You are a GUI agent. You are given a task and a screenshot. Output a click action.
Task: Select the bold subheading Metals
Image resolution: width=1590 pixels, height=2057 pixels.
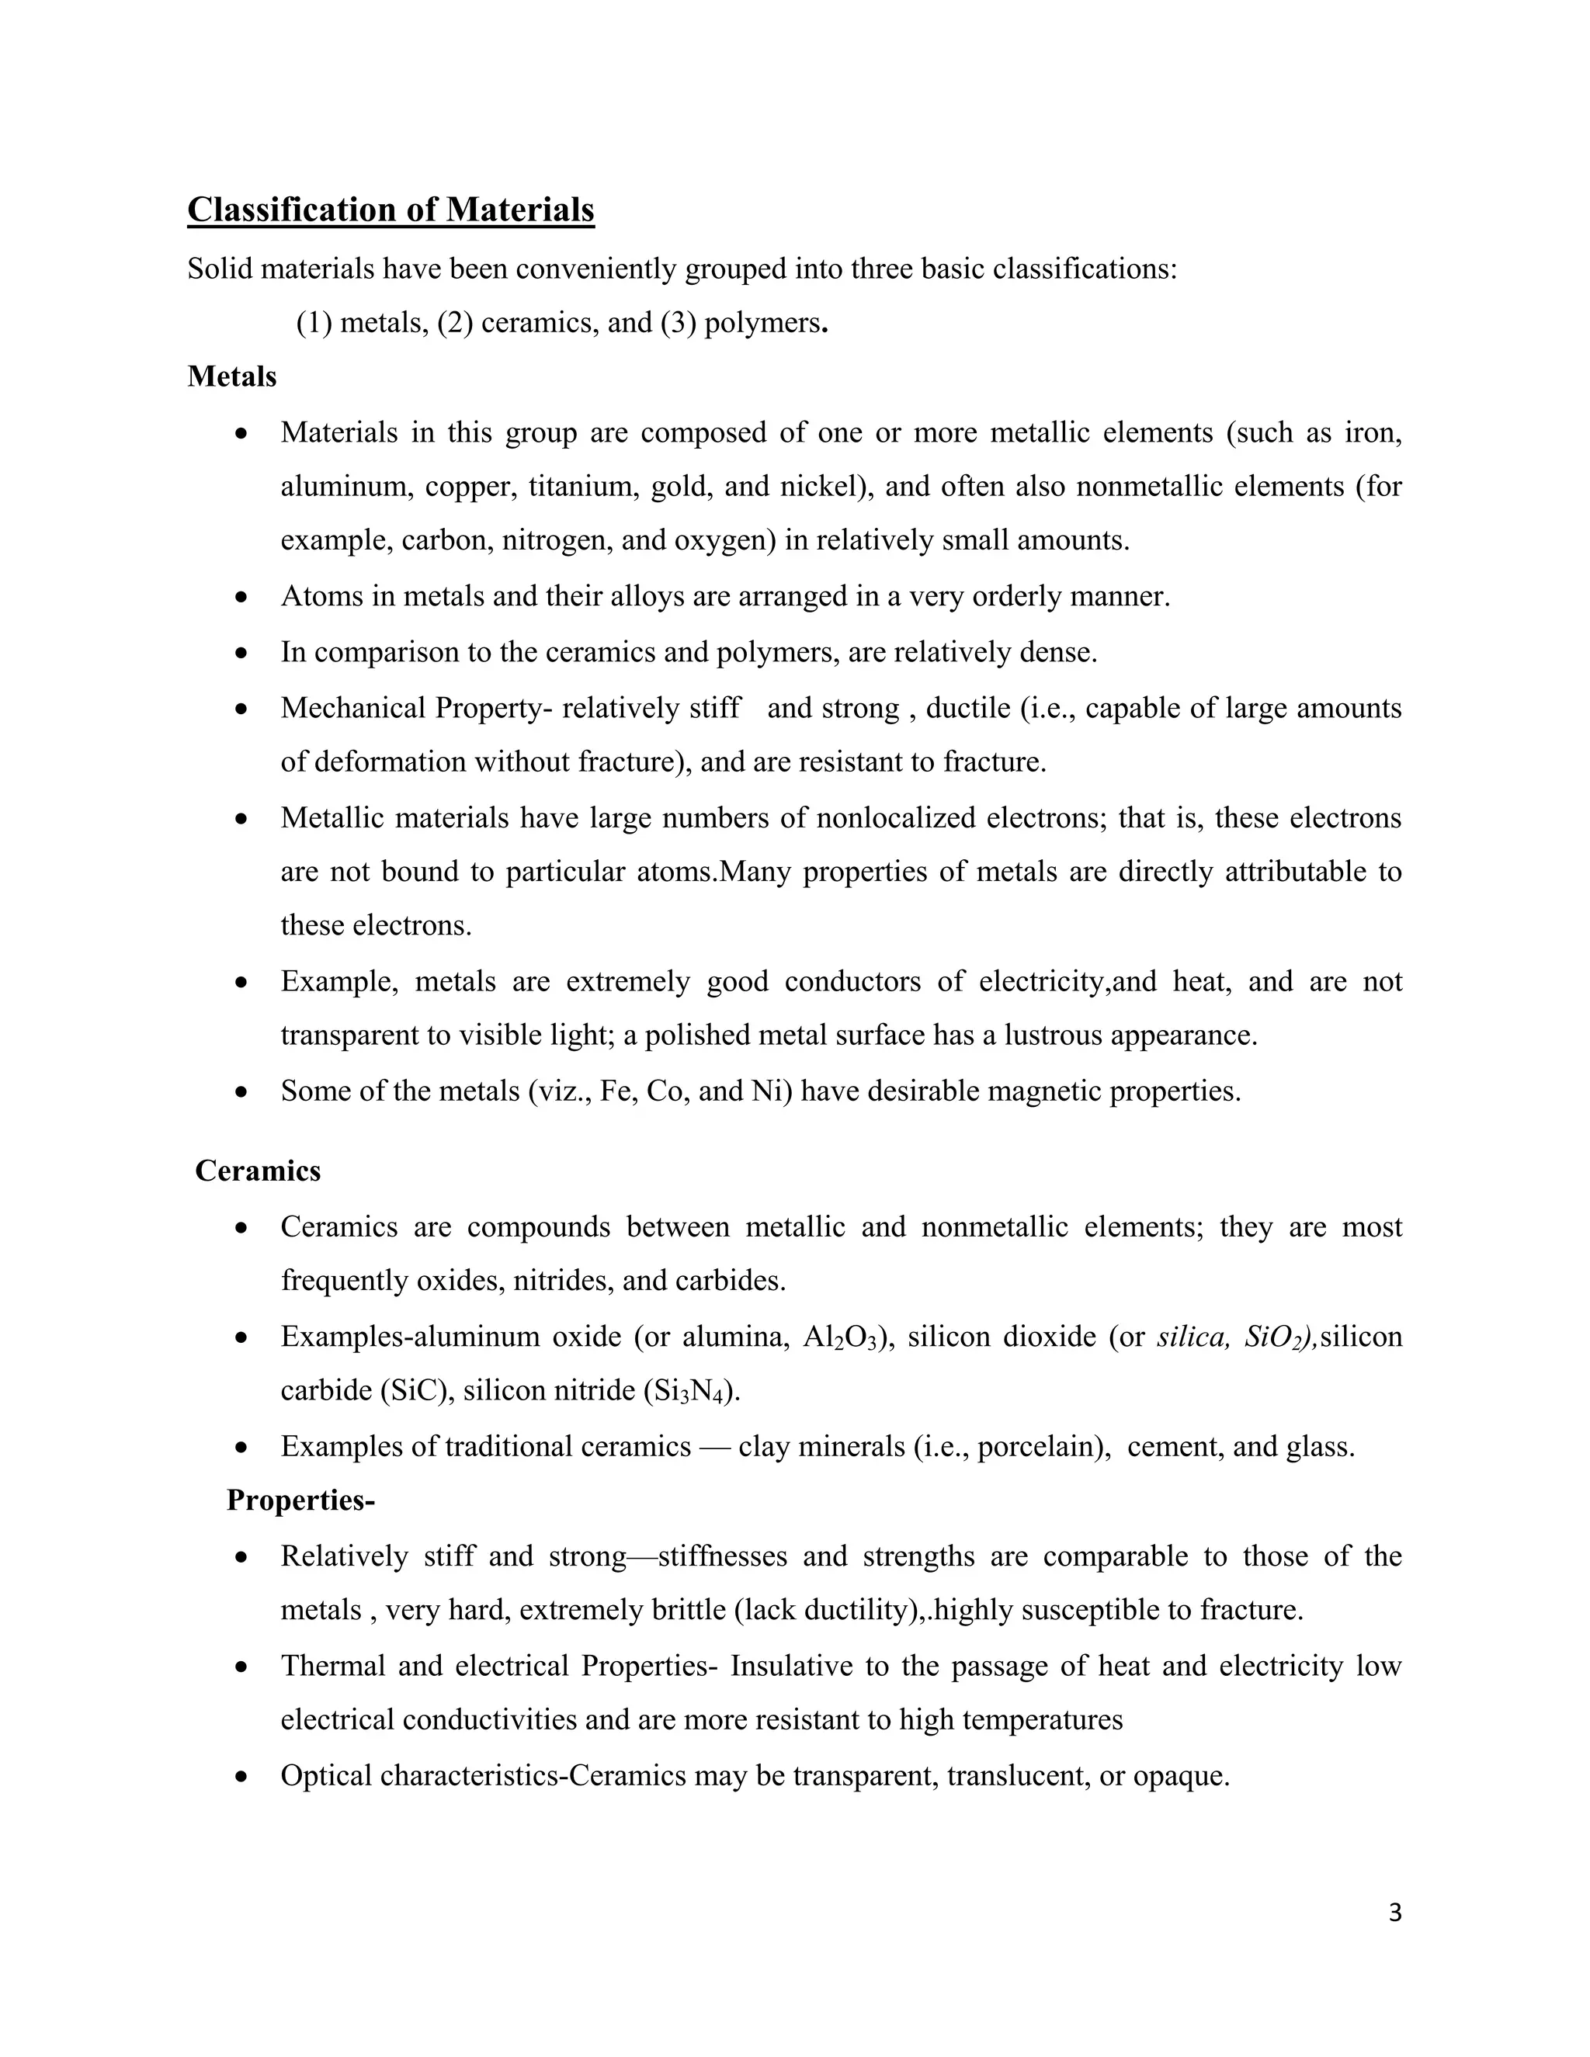click(231, 376)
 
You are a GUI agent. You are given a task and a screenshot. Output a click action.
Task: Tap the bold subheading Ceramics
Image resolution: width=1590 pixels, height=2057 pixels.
click(257, 1171)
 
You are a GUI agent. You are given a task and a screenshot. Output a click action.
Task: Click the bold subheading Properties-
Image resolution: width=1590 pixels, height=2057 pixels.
click(300, 1500)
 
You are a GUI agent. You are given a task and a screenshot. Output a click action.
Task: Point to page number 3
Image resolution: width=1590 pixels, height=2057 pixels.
click(1395, 1912)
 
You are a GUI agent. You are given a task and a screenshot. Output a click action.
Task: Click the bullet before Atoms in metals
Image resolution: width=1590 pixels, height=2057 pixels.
click(242, 597)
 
